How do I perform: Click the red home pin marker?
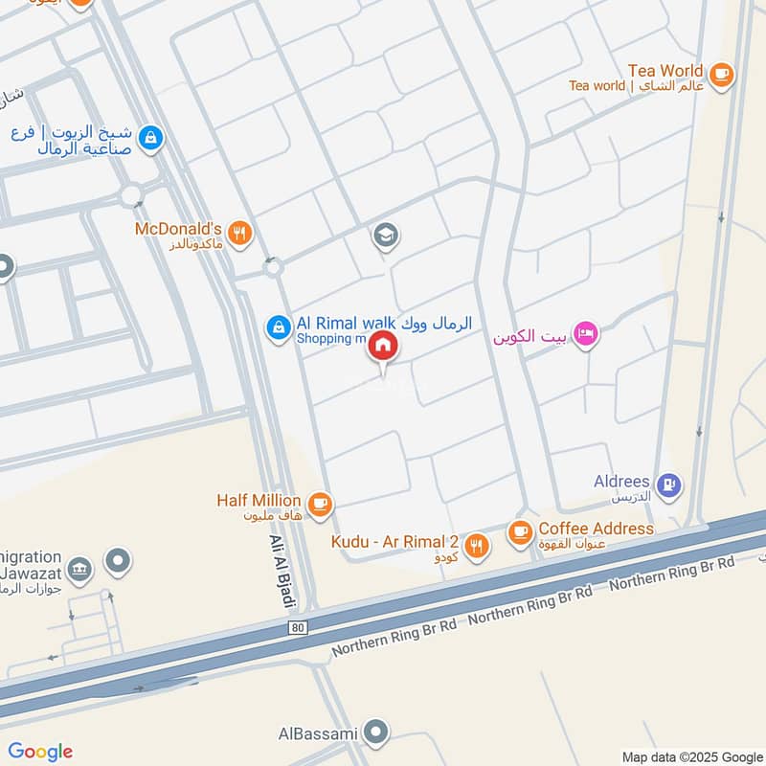tap(383, 347)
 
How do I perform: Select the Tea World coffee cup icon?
tap(721, 72)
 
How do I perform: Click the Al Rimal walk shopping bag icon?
tap(278, 327)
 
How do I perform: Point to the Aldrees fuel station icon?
tap(670, 484)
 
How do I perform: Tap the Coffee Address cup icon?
tap(520, 529)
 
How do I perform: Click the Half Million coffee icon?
tap(319, 502)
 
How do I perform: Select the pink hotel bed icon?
tap(586, 334)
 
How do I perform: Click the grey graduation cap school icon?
tap(386, 235)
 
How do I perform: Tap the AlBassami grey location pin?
tap(379, 732)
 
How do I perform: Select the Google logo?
tap(40, 752)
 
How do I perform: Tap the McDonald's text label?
tap(178, 230)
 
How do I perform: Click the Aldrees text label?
tap(622, 482)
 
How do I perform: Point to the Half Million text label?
tap(259, 501)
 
